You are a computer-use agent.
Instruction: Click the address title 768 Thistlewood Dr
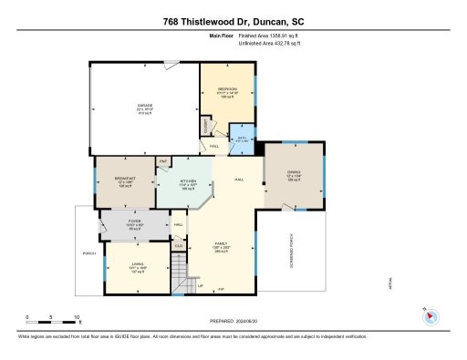[233, 21]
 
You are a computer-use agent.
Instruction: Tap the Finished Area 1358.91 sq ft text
[265, 36]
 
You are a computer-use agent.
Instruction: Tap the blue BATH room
[243, 138]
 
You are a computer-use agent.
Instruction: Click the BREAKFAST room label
[125, 180]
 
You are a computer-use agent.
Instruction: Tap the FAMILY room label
[221, 246]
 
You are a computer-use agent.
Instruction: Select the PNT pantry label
[163, 161]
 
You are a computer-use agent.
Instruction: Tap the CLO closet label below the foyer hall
[180, 244]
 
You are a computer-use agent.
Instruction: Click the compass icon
[431, 316]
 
